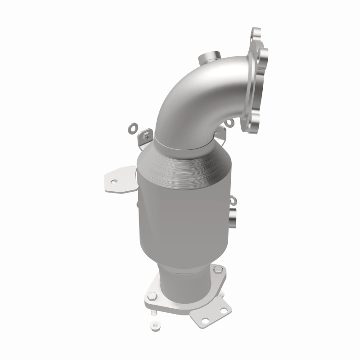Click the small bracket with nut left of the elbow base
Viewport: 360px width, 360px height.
(145, 135)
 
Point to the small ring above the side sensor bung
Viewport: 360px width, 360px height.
(233, 201)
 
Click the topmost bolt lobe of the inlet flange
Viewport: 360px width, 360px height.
(256, 34)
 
